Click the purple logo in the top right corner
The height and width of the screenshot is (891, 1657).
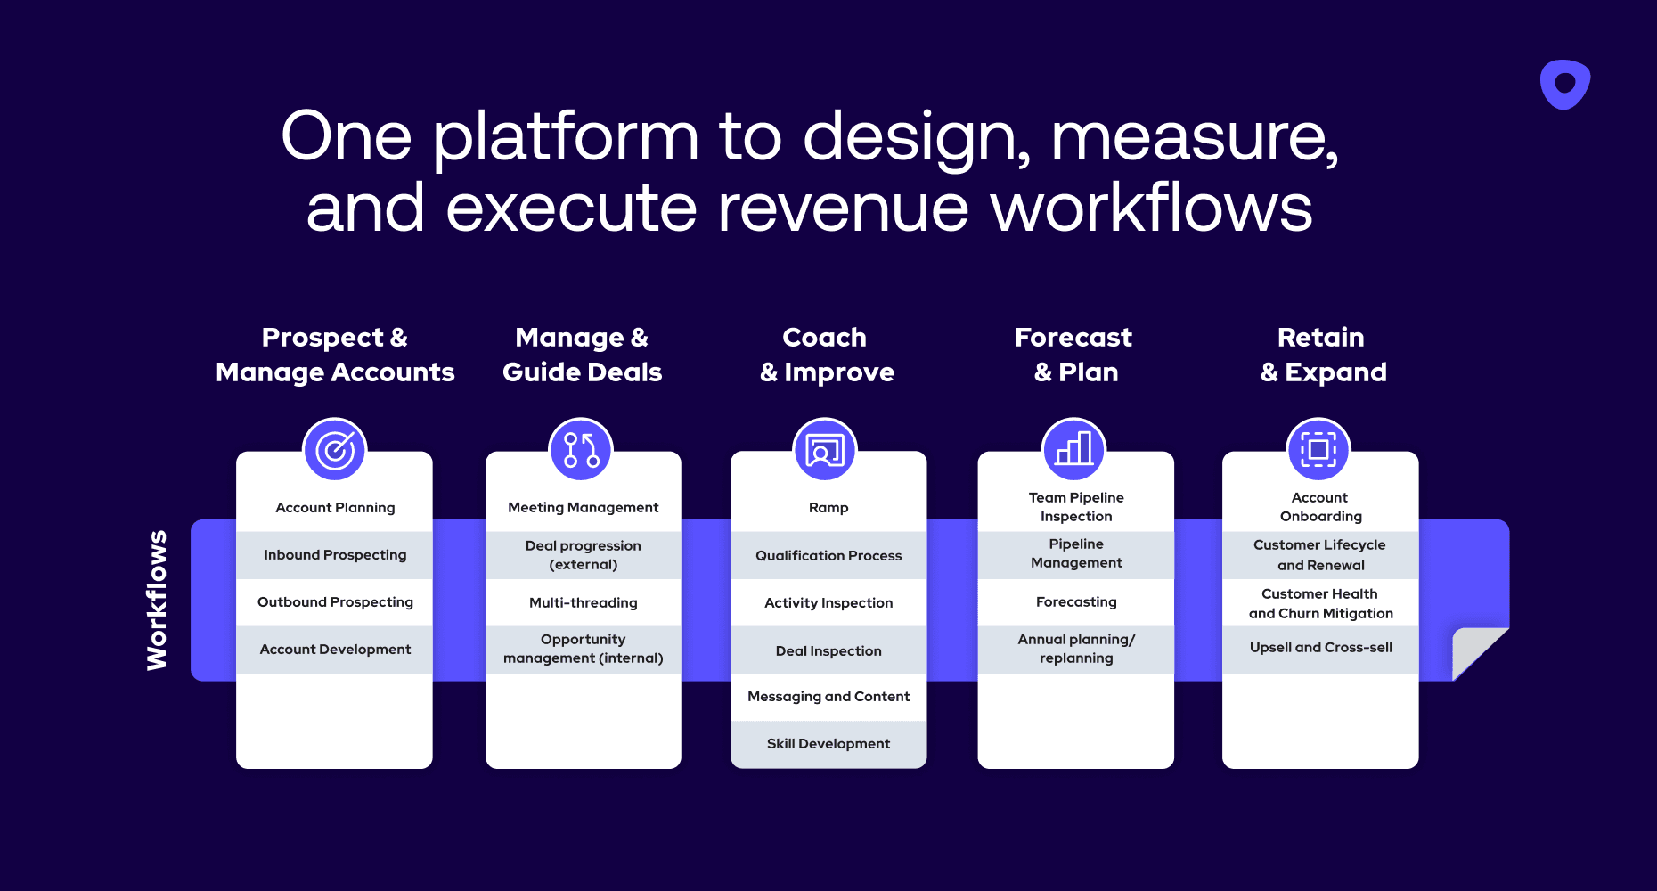pos(1565,85)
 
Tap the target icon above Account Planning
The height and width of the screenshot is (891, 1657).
pos(335,450)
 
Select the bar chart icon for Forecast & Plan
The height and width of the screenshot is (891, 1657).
pos(1074,450)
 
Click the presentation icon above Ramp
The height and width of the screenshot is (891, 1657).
pos(825,450)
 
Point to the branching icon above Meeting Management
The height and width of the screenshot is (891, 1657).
pos(581,450)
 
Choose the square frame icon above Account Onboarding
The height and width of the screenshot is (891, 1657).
pos(1318,450)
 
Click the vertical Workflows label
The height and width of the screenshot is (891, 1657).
pos(157,600)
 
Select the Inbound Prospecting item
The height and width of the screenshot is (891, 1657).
pos(335,554)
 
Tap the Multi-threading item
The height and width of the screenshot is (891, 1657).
pos(584,602)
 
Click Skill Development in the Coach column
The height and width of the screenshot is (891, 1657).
pos(828,743)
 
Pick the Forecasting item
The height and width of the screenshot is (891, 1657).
pos(1076,601)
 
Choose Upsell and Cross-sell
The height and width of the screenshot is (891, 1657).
pos(1320,647)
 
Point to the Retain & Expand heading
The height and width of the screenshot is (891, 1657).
pos(1323,355)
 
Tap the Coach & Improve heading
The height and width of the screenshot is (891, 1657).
pos(826,355)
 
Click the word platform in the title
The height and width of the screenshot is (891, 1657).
pos(566,138)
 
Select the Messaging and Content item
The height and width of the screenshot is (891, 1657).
pos(828,696)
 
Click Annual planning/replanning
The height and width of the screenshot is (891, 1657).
pos(1076,649)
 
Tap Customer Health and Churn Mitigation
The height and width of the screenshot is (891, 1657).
pos(1320,603)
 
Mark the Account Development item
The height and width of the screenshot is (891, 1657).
pos(335,649)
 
